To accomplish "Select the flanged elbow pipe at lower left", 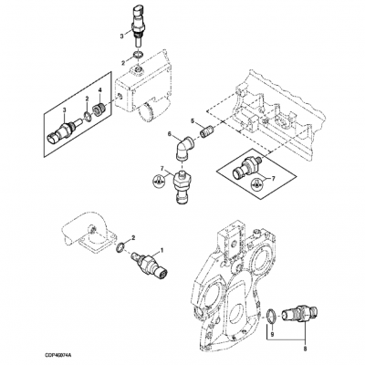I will coord(91,232).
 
